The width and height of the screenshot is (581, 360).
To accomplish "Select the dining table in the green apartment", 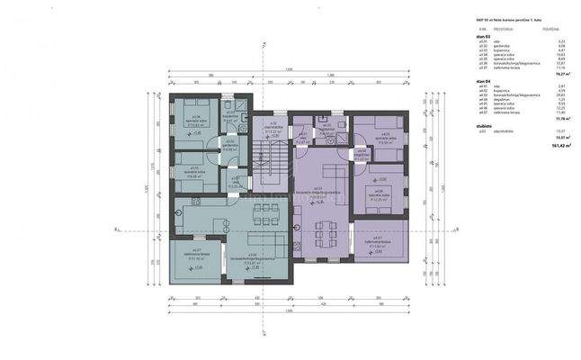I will click(x=265, y=214).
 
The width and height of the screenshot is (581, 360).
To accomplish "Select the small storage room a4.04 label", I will click(x=361, y=154).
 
